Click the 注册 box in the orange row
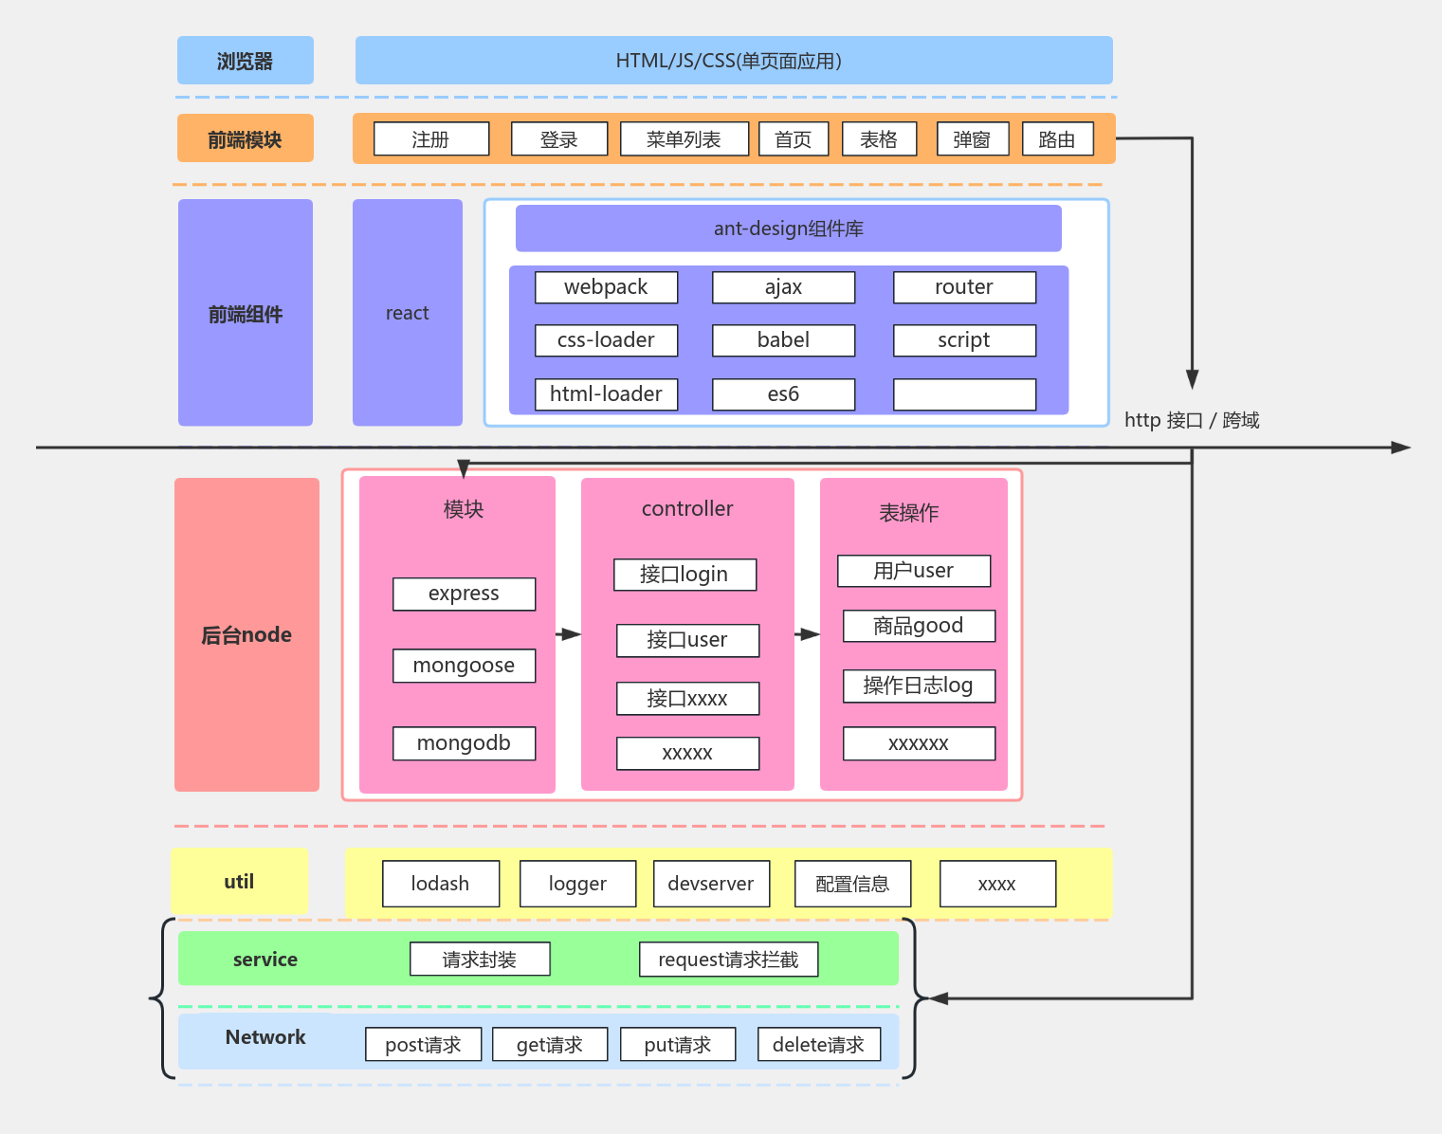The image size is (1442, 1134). coord(431,139)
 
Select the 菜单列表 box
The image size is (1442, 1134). coord(684,139)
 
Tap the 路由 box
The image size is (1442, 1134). coord(1057,139)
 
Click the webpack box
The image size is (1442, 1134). coord(606,287)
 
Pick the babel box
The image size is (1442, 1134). coord(783,340)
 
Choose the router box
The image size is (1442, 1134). coord(964,287)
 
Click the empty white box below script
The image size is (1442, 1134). coord(964,394)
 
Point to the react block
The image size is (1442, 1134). coord(407,313)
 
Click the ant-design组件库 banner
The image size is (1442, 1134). coord(788,229)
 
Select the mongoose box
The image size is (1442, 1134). coord(464,666)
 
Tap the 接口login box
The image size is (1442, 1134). coord(684,575)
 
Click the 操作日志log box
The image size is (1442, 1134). coord(919,686)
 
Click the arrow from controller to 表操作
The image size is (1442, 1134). coord(807,634)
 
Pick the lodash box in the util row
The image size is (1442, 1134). coord(440,884)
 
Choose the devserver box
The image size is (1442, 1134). coord(711,884)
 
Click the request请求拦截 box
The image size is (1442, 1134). coord(728,960)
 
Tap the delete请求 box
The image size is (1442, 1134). coord(818,1045)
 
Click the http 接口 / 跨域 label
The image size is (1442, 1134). coord(1192,420)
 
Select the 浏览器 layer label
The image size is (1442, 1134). coord(245,61)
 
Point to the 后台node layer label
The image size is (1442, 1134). coord(246,634)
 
